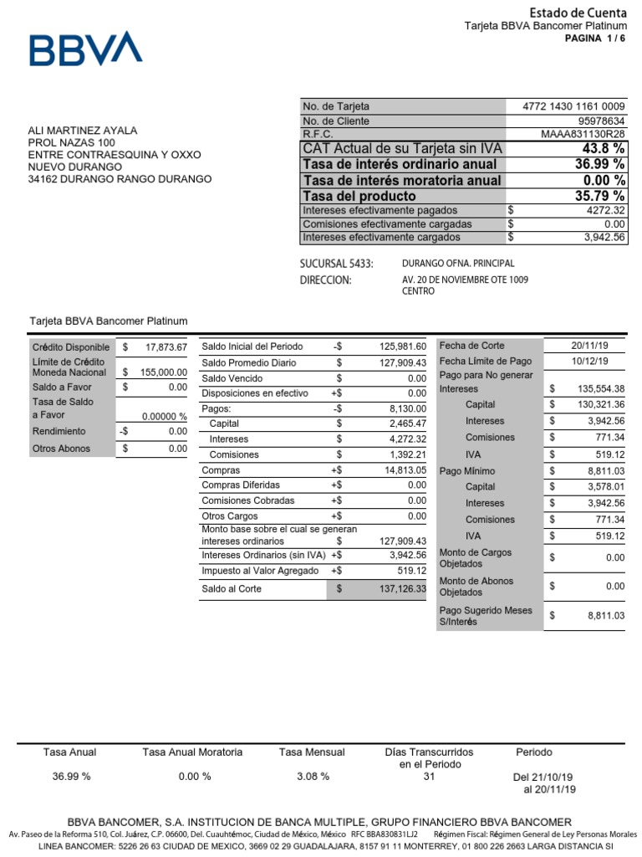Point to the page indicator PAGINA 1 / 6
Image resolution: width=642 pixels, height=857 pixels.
pos(595,38)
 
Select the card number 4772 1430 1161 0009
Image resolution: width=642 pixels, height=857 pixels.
pos(573,106)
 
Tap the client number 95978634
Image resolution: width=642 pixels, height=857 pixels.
pos(601,121)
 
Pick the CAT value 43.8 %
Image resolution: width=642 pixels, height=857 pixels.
pos(604,148)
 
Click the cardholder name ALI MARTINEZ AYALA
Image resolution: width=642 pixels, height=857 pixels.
pos(83,131)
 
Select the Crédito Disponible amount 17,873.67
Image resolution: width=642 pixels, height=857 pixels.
pos(165,346)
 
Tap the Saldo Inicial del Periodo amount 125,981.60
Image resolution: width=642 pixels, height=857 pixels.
pos(403,346)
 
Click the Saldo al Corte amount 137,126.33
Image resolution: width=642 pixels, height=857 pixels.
pos(403,589)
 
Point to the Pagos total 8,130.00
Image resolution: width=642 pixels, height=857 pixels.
pos(408,408)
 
